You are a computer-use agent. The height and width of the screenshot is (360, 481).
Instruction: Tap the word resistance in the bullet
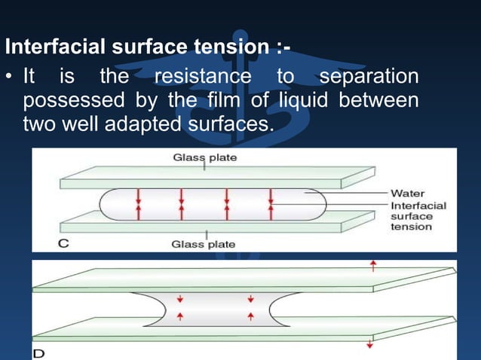pyautogui.click(x=202, y=78)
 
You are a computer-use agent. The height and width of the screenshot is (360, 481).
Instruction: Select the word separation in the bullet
pyautogui.click(x=369, y=78)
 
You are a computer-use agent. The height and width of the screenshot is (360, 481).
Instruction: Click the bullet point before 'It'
pyautogui.click(x=10, y=78)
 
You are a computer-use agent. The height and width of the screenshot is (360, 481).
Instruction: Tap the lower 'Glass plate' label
pyautogui.click(x=203, y=244)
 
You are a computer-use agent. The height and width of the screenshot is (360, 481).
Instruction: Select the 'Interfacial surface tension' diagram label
pyautogui.click(x=418, y=216)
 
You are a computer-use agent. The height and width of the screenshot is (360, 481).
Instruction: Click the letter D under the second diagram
pyautogui.click(x=38, y=352)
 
